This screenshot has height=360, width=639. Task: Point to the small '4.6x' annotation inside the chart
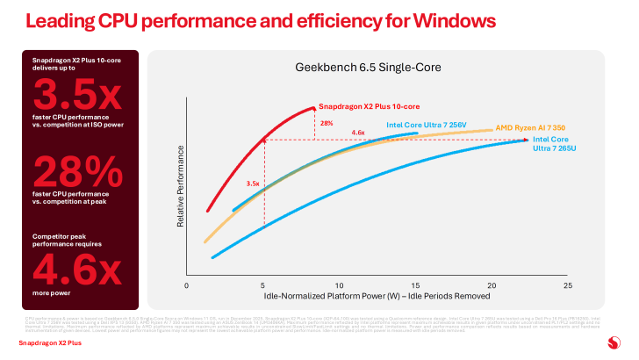[358, 133]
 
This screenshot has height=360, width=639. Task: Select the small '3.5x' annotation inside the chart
[254, 184]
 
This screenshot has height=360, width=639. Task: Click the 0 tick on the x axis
[187, 286]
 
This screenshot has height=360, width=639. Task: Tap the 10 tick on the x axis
[340, 286]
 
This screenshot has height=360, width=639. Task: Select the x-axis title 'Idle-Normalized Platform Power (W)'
[377, 297]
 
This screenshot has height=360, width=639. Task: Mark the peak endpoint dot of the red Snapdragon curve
[313, 108]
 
